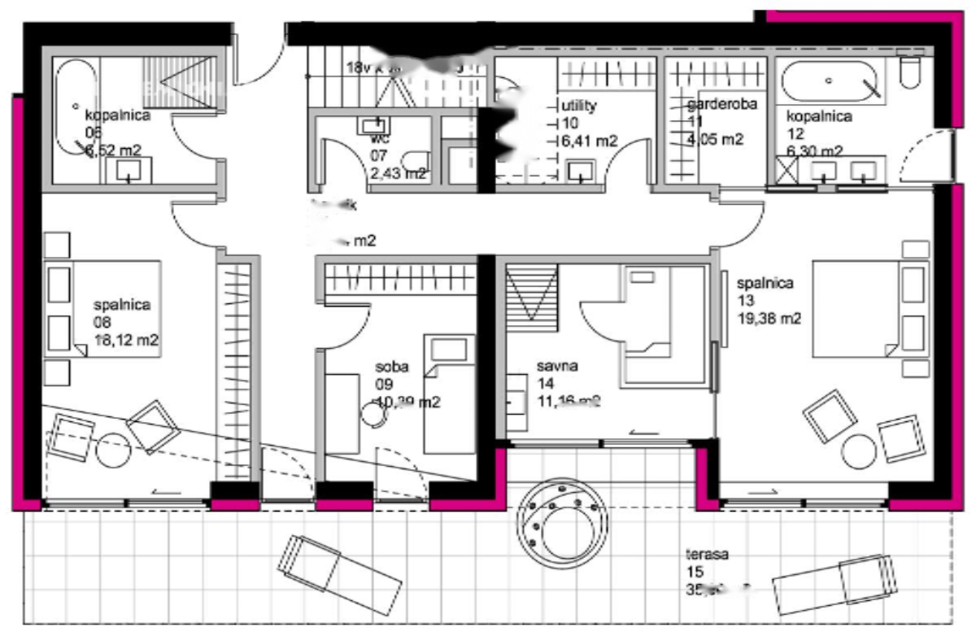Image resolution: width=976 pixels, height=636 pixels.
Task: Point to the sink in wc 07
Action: click(x=375, y=125)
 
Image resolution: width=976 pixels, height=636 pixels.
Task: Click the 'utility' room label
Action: click(x=580, y=106)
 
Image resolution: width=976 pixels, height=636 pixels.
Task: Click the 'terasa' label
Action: click(x=705, y=555)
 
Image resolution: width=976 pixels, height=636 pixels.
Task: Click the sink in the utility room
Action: click(x=581, y=172)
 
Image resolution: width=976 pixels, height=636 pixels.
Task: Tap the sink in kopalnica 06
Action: click(x=129, y=170)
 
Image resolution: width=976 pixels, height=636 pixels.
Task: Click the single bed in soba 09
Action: click(x=449, y=394)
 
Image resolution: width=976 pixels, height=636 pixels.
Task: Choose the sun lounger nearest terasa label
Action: click(x=834, y=581)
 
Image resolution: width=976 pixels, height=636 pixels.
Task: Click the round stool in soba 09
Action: click(x=374, y=412)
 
